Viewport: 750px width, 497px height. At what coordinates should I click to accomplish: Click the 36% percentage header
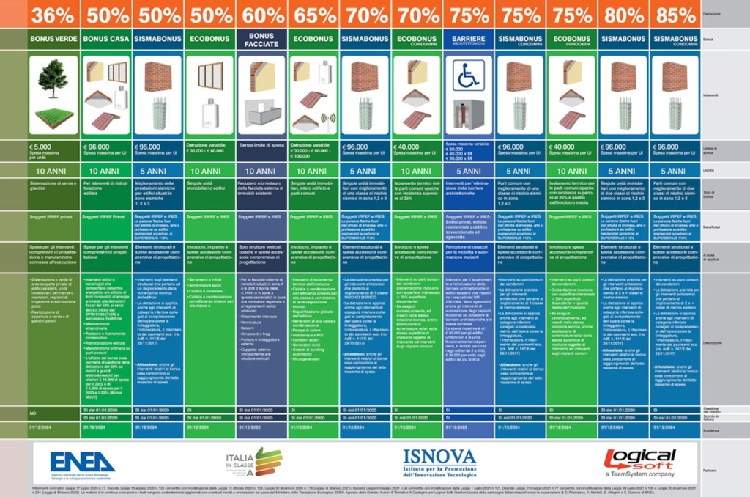(53, 15)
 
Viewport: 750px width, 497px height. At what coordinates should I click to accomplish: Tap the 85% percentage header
(675, 15)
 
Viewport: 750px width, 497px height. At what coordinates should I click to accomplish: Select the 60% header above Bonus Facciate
(261, 15)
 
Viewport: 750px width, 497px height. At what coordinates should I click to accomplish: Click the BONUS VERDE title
(53, 38)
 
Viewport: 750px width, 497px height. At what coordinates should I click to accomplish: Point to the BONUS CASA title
(105, 38)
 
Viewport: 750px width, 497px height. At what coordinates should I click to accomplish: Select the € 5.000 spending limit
(44, 147)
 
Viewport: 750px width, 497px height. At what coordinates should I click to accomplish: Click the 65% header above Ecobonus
(313, 15)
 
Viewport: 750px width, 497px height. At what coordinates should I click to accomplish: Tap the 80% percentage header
(623, 15)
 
